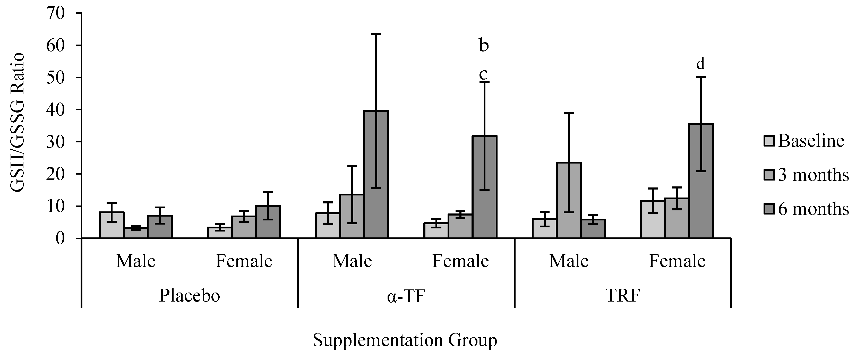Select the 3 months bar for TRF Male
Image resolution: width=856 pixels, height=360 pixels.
[569, 200]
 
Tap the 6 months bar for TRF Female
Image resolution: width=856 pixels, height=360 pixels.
[701, 181]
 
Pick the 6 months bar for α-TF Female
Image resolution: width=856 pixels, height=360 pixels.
[484, 187]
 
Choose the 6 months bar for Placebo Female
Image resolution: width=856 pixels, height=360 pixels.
[268, 222]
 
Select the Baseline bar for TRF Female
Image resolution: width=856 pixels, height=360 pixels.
[653, 219]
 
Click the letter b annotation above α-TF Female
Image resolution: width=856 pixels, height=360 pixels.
[484, 46]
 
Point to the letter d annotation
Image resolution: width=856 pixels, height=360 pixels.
[700, 64]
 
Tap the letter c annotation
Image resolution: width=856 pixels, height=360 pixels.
[483, 74]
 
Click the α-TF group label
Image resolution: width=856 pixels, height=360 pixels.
[406, 296]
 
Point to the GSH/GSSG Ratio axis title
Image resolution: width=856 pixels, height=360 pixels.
[17, 122]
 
